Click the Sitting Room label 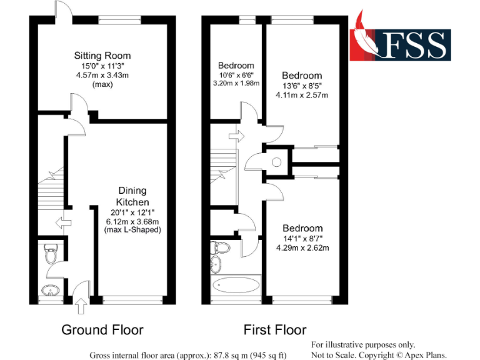click(102, 56)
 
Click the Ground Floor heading click(102, 330)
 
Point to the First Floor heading click(275, 330)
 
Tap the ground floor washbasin click(48, 291)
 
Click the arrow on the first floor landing click(236, 134)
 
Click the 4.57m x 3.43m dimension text click(102, 74)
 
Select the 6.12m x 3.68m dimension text click(132, 221)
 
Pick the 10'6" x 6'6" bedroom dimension click(236, 74)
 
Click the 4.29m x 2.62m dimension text click(302, 247)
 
